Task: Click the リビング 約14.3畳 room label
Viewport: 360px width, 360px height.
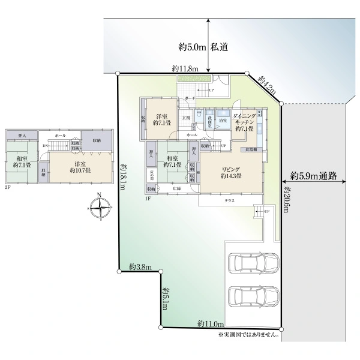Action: click(x=231, y=172)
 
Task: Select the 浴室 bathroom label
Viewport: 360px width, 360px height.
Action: click(x=222, y=121)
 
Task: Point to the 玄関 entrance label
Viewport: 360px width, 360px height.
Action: click(x=186, y=118)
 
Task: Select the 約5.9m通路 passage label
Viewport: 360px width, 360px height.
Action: click(x=313, y=176)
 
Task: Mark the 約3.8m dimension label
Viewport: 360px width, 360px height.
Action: click(x=140, y=267)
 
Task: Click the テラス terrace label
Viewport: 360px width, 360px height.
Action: click(x=230, y=200)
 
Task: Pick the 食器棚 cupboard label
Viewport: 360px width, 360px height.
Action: click(x=251, y=149)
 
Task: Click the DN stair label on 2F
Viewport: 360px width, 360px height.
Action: click(x=45, y=146)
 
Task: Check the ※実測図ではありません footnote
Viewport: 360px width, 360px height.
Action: click(x=250, y=334)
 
